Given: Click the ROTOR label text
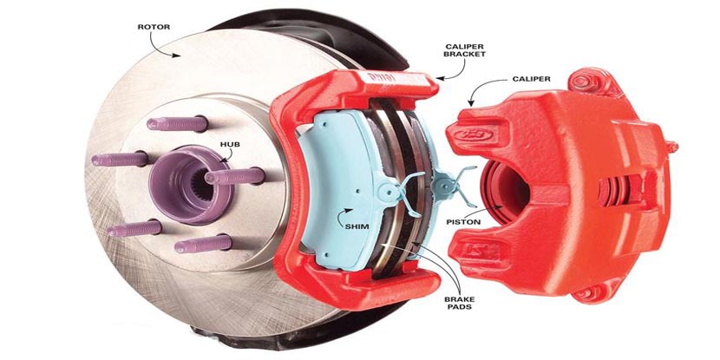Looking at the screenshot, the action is (154, 27).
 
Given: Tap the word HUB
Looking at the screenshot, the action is (230, 145).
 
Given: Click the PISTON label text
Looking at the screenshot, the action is (463, 222).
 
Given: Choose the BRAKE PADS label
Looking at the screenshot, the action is (458, 303).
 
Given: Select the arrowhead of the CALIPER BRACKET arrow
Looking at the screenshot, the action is (440, 79).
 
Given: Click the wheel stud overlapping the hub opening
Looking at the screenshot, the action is (234, 176).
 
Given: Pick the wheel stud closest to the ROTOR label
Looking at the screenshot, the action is (177, 123).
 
